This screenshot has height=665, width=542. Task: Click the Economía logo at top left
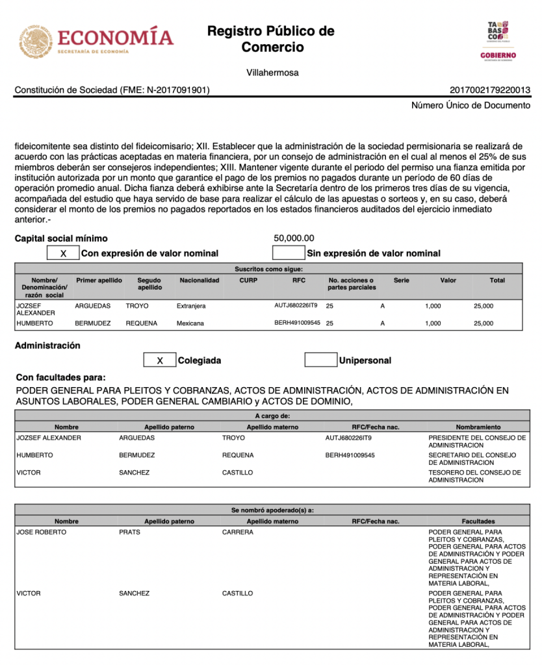coord(96,41)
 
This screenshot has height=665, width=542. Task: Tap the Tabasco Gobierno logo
coord(498,40)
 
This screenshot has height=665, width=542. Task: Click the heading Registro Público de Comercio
coord(271,39)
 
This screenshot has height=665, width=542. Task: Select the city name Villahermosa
coord(272,73)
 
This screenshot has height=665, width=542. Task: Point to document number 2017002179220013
coord(489,90)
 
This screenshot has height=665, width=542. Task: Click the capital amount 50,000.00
coord(294,238)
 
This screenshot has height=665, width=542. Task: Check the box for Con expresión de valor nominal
coord(63,253)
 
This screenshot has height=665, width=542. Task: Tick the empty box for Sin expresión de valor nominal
coord(288,253)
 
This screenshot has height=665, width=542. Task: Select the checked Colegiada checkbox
coord(159,360)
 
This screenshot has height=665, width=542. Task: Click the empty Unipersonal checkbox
coord(320,360)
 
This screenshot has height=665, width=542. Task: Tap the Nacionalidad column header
coord(200,281)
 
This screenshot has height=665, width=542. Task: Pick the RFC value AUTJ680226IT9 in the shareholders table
coord(296,305)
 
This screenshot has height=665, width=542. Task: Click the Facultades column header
coord(478,521)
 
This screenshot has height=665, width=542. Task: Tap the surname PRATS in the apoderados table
coord(129,533)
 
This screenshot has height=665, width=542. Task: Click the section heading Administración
coord(47,345)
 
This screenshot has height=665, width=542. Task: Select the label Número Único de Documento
coord(471,105)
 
